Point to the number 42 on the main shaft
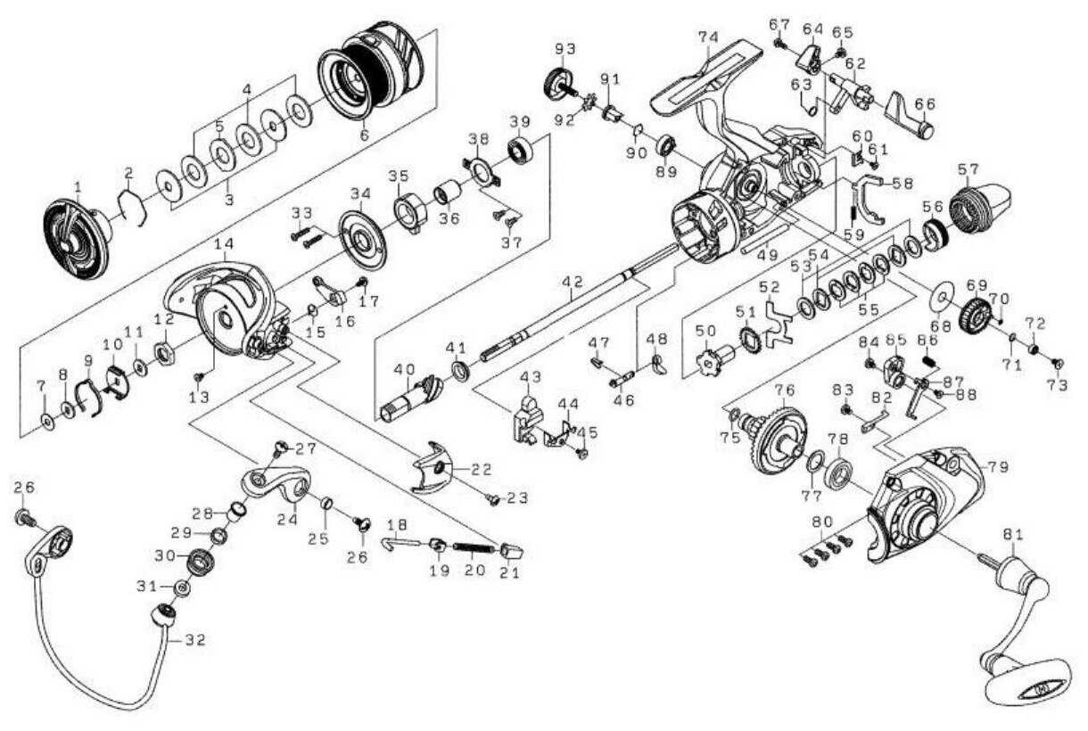click(573, 282)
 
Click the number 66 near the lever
click(925, 103)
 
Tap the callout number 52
click(770, 287)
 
